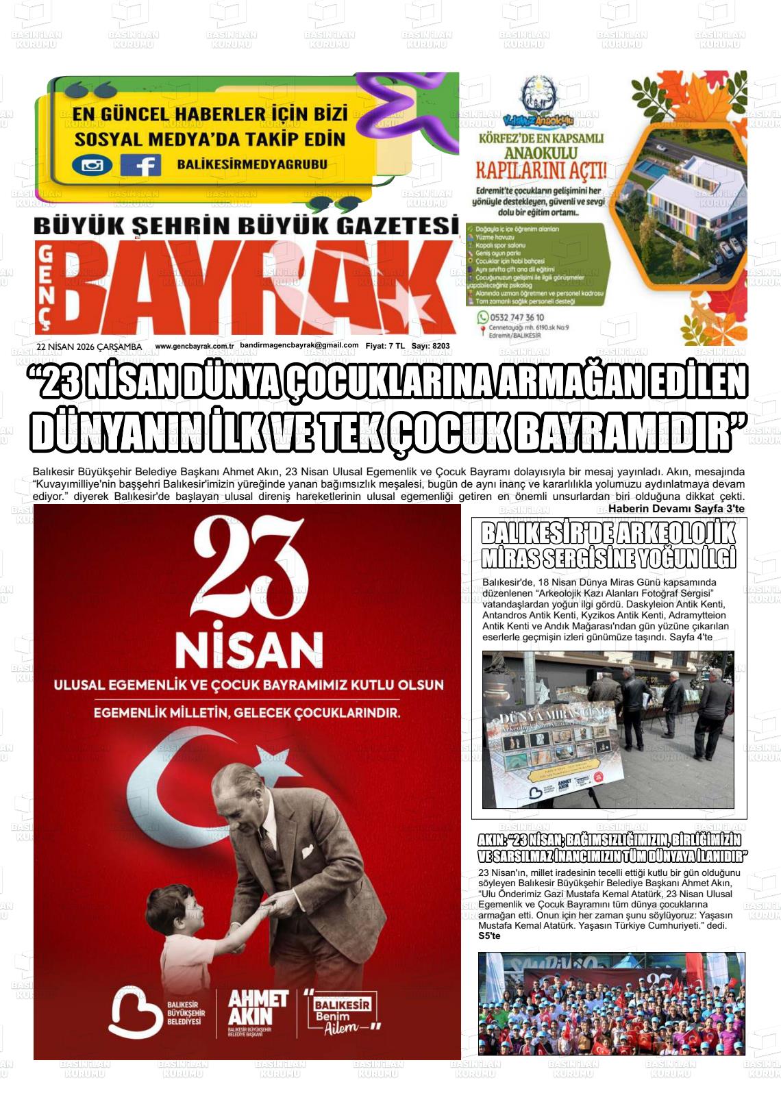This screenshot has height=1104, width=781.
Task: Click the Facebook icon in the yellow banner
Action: pos(140,165)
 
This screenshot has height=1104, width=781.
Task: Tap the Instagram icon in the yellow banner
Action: pos(92,165)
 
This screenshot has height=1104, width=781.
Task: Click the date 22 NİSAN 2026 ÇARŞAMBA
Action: pos(89,347)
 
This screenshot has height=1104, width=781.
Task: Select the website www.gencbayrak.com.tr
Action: pos(195,347)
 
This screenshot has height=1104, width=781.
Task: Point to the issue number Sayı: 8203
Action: pos(431,347)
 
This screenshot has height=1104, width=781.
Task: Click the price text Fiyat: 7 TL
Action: pos(385,347)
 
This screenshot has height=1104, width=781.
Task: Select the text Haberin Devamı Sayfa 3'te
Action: pos(676,509)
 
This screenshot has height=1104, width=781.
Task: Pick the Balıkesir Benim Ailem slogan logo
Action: pos(341,1012)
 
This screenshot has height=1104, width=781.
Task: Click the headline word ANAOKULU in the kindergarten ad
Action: pos(541,151)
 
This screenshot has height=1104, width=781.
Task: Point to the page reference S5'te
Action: pos(489,936)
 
